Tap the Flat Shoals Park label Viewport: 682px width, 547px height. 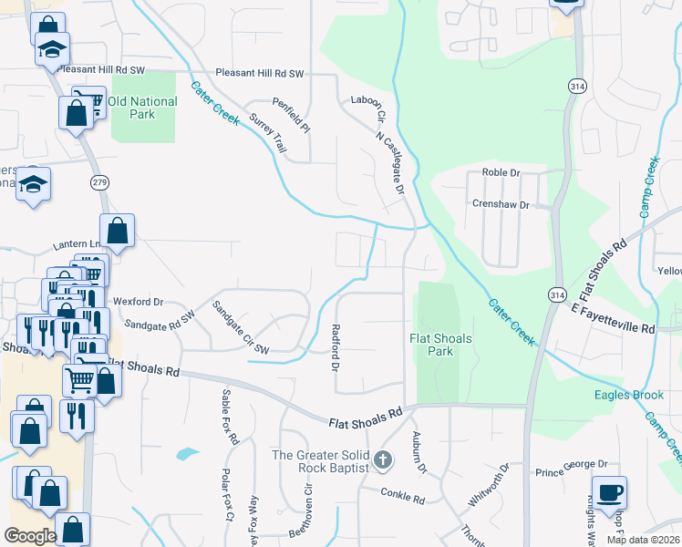[x=439, y=345]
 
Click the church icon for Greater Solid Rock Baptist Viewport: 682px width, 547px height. [x=383, y=462]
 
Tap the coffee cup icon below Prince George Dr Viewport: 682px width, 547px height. [x=609, y=492]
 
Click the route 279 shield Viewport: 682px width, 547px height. [x=100, y=183]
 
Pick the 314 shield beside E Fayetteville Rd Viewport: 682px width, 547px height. [x=557, y=294]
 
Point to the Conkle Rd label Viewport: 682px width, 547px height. [x=406, y=500]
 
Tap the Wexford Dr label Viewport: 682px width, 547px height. [x=138, y=301]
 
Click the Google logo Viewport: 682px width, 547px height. [x=30, y=536]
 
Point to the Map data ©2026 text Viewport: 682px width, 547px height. [x=642, y=540]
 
